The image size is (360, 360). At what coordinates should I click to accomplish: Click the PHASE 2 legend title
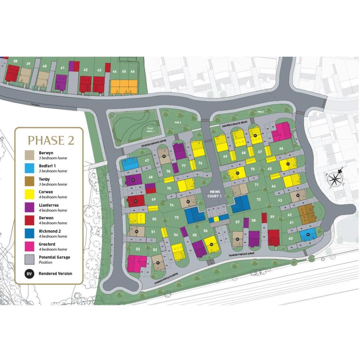point(51,140)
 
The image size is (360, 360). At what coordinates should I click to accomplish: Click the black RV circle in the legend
point(30,274)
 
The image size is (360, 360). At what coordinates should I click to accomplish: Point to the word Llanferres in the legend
point(49,205)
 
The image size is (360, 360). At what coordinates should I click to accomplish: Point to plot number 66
point(281,148)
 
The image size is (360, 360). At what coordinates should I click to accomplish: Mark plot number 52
point(138,249)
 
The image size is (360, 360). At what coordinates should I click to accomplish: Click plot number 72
point(259,199)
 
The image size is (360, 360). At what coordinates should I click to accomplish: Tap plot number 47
point(147,160)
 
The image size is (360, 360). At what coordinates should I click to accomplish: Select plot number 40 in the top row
point(44,66)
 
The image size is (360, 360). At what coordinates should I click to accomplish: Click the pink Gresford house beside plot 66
point(281,132)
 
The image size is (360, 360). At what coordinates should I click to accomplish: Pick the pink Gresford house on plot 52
point(136,263)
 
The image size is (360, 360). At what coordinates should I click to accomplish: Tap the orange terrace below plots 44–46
point(124,86)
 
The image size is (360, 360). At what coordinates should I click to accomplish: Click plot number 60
point(290,238)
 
